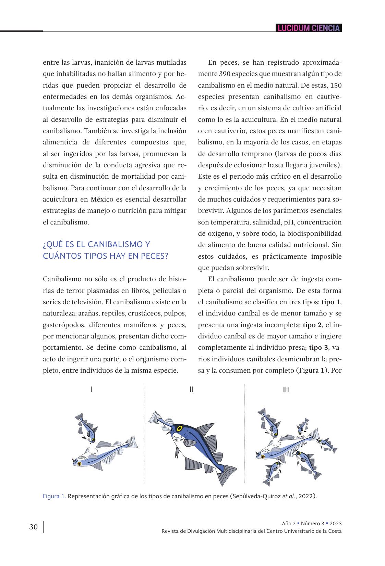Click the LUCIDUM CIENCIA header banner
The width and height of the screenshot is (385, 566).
pyautogui.click(x=309, y=28)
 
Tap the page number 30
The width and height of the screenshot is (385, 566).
pyautogui.click(x=33, y=527)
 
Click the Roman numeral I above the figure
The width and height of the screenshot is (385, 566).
pyautogui.click(x=91, y=389)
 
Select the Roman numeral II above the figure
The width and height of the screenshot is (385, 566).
pyautogui.click(x=192, y=389)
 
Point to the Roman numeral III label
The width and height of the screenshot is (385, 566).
pyautogui.click(x=286, y=389)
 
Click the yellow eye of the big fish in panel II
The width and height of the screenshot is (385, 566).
pyautogui.click(x=179, y=427)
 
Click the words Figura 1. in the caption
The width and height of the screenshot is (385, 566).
pyautogui.click(x=55, y=496)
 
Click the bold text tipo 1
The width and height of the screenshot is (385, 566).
pyautogui.click(x=331, y=302)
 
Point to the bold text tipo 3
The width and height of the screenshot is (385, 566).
pyautogui.click(x=319, y=348)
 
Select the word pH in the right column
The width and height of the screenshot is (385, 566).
pyautogui.click(x=288, y=222)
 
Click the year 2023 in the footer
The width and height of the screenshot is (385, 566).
pyautogui.click(x=335, y=524)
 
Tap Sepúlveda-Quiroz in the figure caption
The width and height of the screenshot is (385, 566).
pyautogui.click(x=257, y=496)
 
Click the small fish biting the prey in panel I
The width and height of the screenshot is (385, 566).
pyautogui.click(x=87, y=428)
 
